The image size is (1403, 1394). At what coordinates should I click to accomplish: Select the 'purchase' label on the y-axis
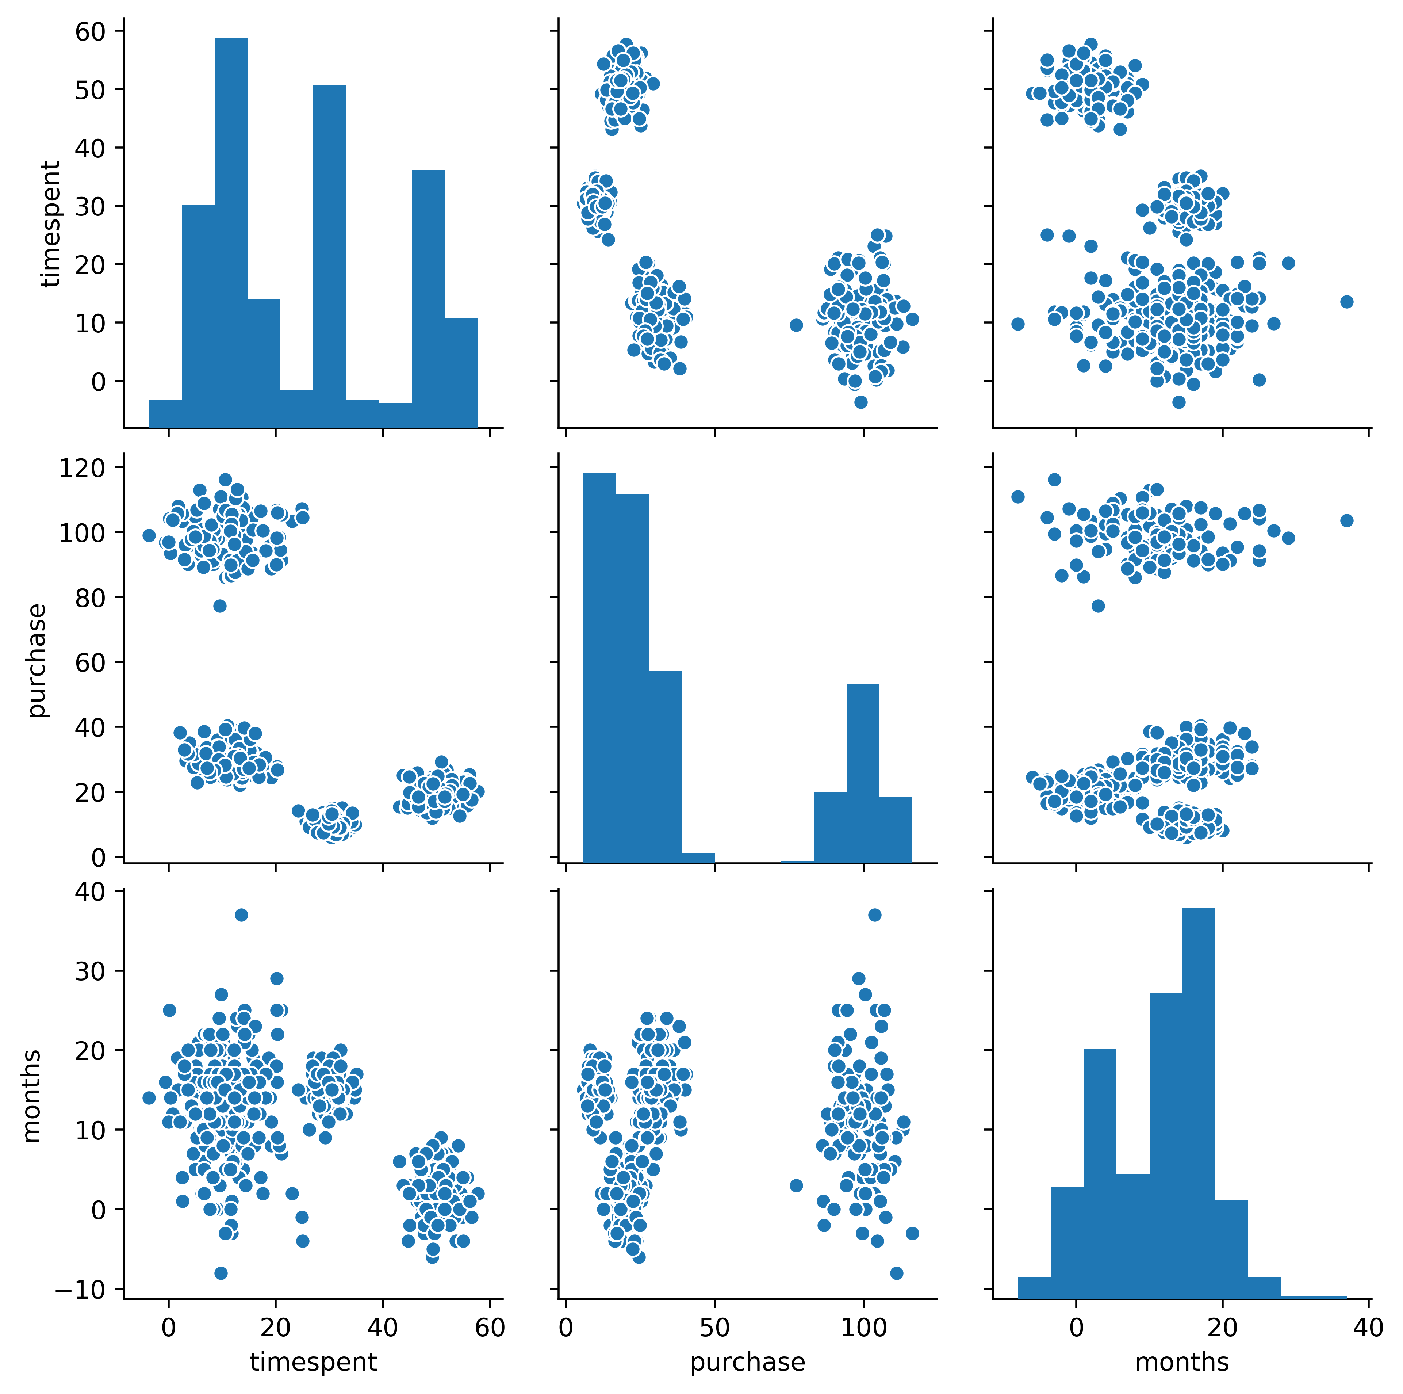pos(36,660)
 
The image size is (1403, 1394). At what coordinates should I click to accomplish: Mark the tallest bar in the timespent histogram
pos(231,232)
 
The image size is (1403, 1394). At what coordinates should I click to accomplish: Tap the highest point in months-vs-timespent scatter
pos(241,914)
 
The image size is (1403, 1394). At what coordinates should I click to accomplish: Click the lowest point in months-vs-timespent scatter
pos(221,1273)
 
